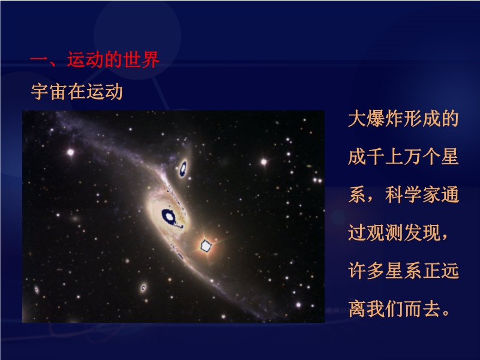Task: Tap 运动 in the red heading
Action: click(86, 59)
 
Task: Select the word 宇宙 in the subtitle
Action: click(49, 92)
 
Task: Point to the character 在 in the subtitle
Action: click(77, 92)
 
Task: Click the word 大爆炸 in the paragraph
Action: click(376, 118)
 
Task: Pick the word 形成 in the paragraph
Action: click(422, 118)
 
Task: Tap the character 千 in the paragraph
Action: click(376, 157)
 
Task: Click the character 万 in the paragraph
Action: click(412, 157)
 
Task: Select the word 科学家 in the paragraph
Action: click(413, 194)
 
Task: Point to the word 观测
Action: click(385, 232)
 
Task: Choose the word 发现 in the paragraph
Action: click(422, 232)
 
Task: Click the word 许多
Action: click(367, 271)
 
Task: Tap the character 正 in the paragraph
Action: click(431, 271)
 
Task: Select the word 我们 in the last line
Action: click(385, 308)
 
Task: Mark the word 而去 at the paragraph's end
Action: click(422, 308)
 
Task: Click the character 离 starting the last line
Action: click(357, 308)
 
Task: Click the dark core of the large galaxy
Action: click(169, 217)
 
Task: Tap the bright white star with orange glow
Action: click(206, 246)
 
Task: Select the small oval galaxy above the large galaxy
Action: click(183, 169)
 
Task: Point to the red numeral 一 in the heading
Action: click(39, 59)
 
